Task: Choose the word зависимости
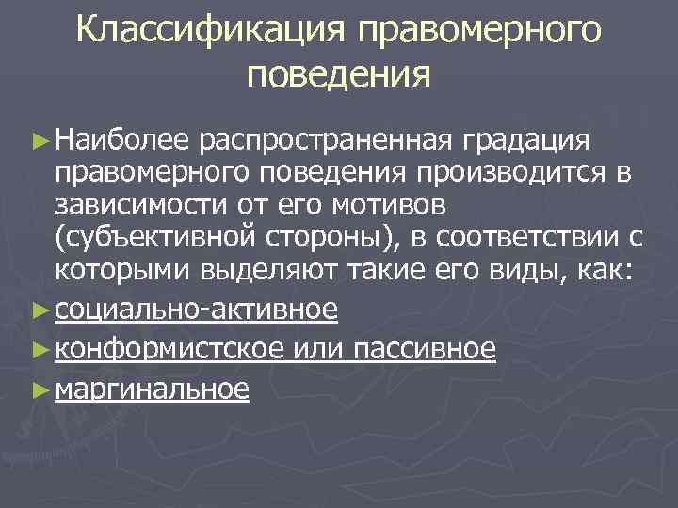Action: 139,205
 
